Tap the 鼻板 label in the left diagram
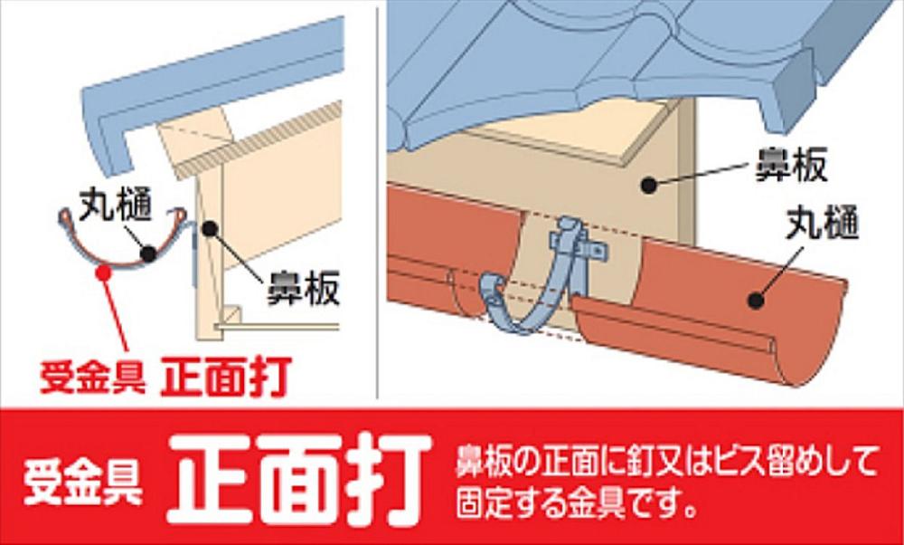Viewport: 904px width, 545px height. click(x=302, y=288)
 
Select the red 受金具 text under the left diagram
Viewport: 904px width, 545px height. click(x=93, y=376)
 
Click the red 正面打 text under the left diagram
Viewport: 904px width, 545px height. click(x=227, y=376)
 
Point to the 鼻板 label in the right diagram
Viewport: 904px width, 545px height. click(x=791, y=165)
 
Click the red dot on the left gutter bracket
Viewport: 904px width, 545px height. click(x=104, y=269)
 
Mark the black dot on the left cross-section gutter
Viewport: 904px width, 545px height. click(x=149, y=253)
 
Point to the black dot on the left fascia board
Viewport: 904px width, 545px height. click(x=210, y=228)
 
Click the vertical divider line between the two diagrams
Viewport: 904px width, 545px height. click(x=377, y=199)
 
